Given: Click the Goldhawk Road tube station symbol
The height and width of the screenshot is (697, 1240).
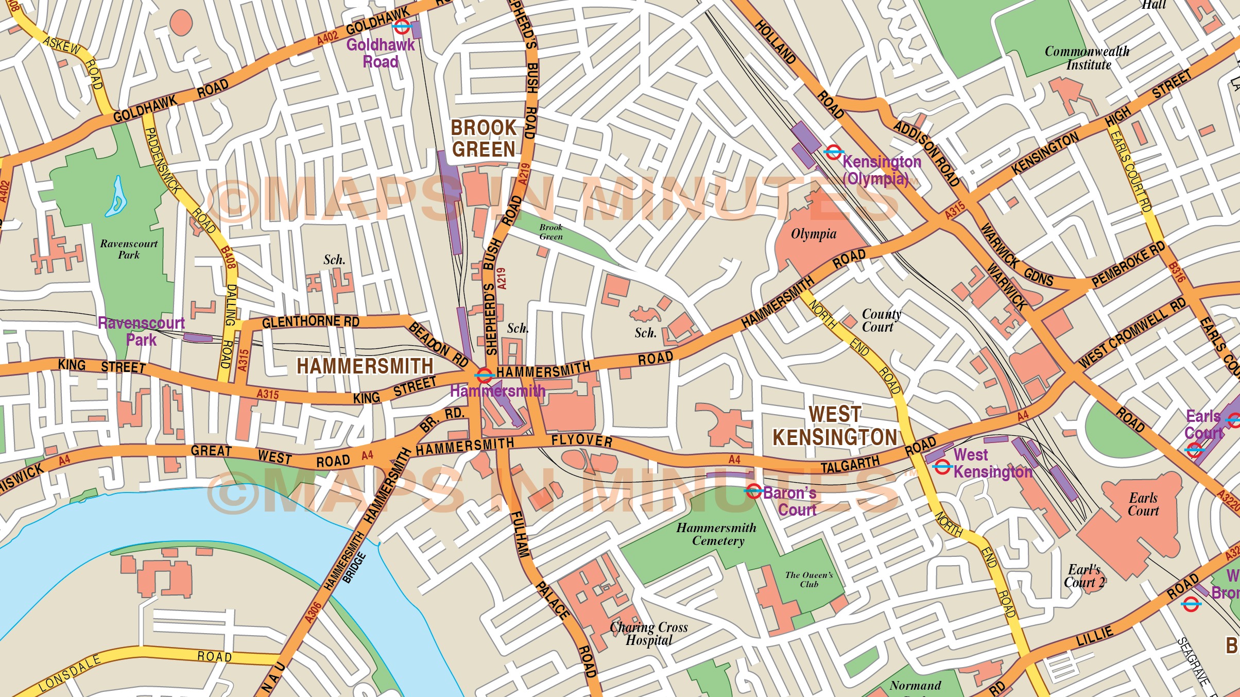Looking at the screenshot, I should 401,26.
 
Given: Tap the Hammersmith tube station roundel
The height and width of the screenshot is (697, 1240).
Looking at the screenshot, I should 484,375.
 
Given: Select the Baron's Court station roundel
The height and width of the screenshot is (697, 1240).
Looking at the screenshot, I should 753,491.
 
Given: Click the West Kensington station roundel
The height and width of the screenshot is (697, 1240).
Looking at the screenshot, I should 942,467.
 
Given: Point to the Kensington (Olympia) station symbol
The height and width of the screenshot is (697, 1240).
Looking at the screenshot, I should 833,152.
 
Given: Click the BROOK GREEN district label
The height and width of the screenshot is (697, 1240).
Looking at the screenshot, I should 483,139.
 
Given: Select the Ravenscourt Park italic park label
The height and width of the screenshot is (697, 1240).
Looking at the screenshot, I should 129,249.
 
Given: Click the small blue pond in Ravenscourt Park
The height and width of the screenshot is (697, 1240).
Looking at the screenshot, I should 116,198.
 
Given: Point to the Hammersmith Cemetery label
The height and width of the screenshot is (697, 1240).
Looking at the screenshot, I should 717,534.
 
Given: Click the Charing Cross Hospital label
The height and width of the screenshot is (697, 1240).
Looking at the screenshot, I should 649,634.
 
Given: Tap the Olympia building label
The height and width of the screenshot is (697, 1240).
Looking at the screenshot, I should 814,234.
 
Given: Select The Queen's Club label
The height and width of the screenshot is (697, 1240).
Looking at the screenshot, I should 809,579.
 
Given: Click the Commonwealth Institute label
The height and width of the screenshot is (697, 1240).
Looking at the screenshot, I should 1087,58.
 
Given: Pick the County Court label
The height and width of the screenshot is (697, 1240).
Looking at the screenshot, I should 881,320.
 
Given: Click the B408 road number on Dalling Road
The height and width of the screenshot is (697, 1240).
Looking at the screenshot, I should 228,258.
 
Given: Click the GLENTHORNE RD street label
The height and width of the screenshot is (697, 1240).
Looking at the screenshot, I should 311,322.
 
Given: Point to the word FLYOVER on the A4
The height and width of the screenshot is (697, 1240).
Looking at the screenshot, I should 582,440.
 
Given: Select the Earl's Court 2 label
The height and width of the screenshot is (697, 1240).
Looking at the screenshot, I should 1084,576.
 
